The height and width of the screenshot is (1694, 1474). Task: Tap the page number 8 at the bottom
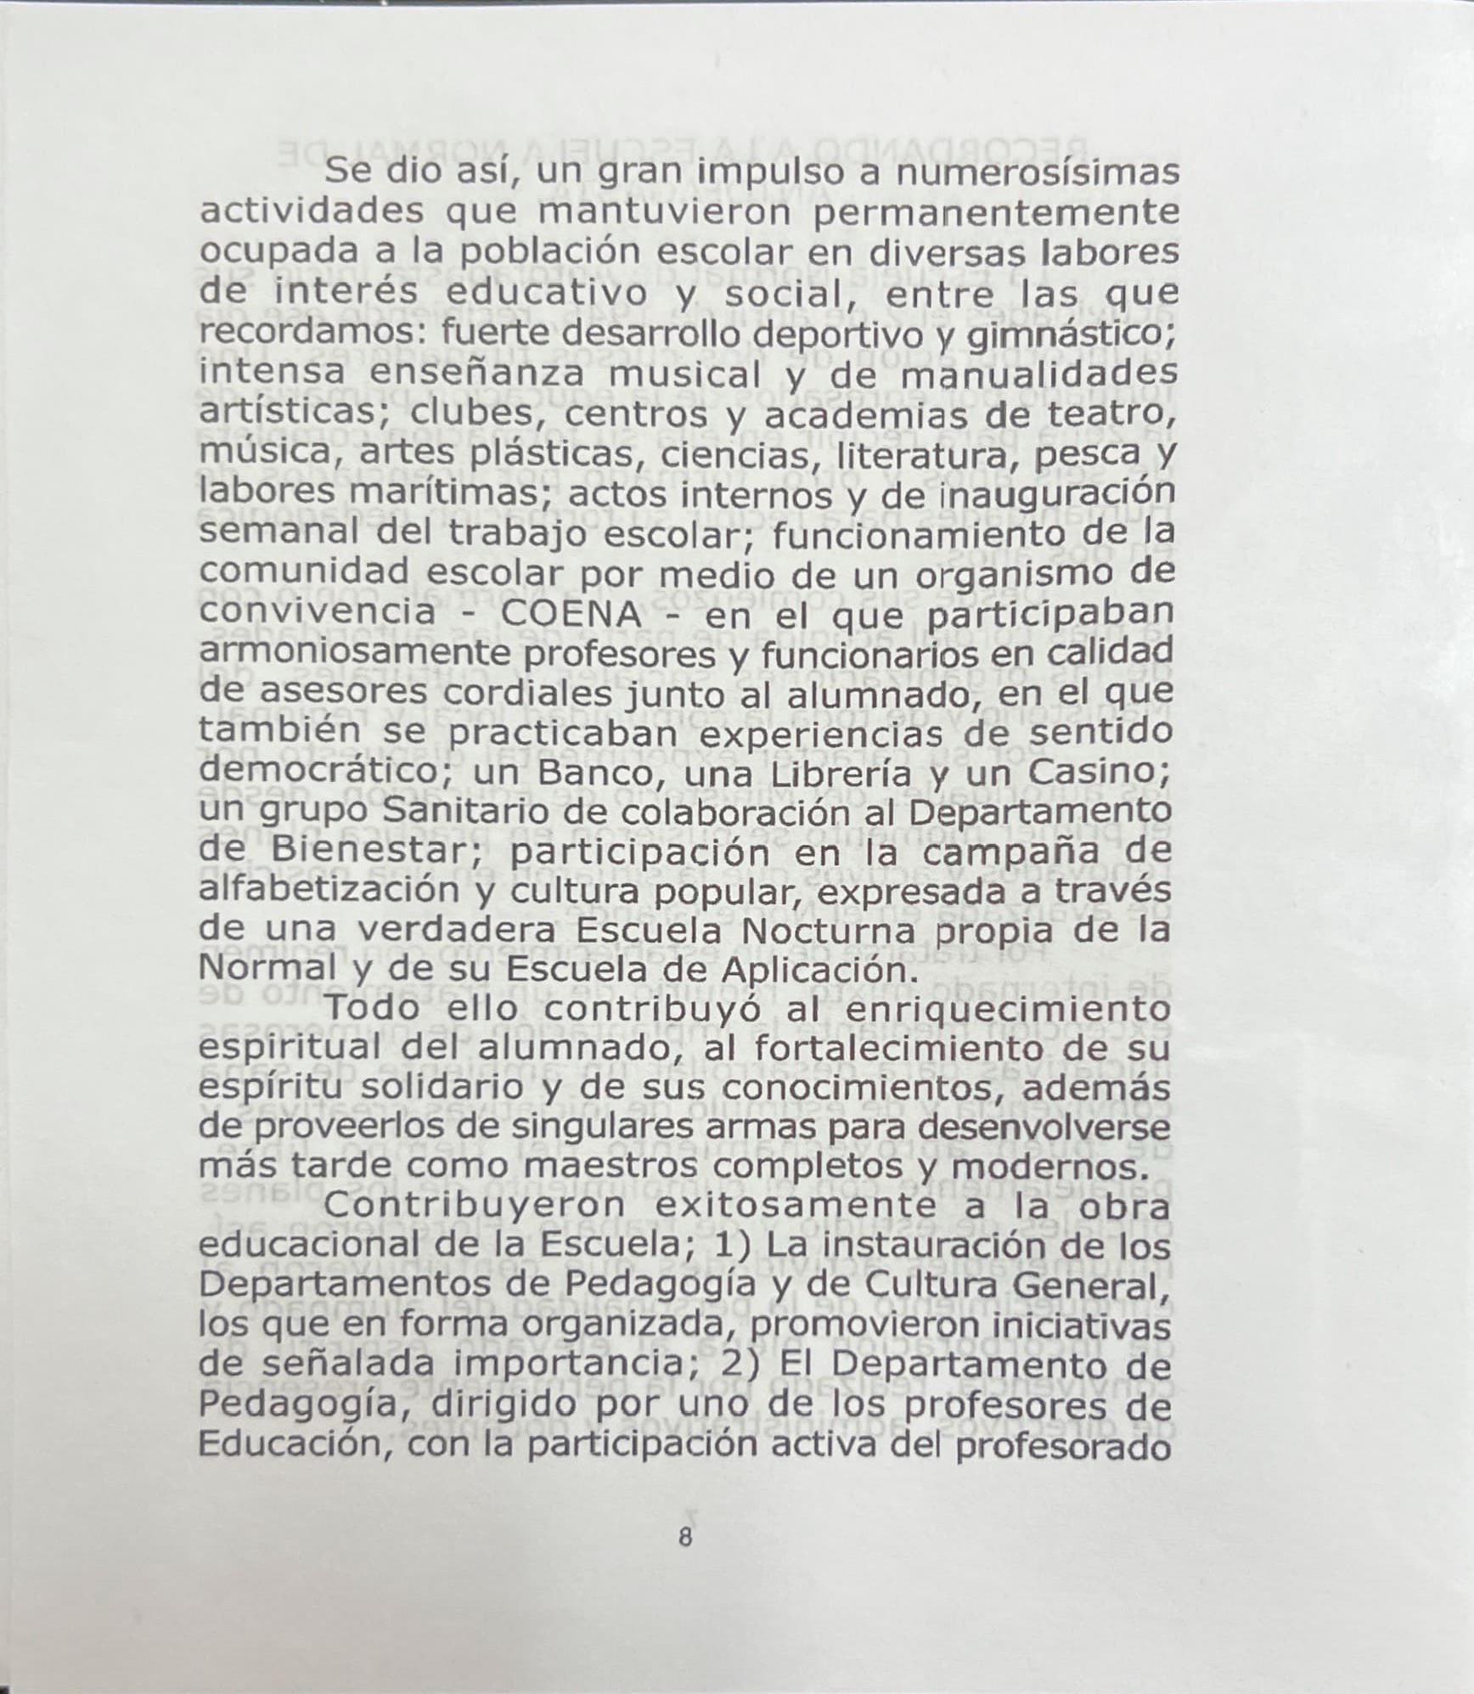685,1537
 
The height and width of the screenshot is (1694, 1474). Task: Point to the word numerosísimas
1038,172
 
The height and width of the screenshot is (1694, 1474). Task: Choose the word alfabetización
329,891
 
